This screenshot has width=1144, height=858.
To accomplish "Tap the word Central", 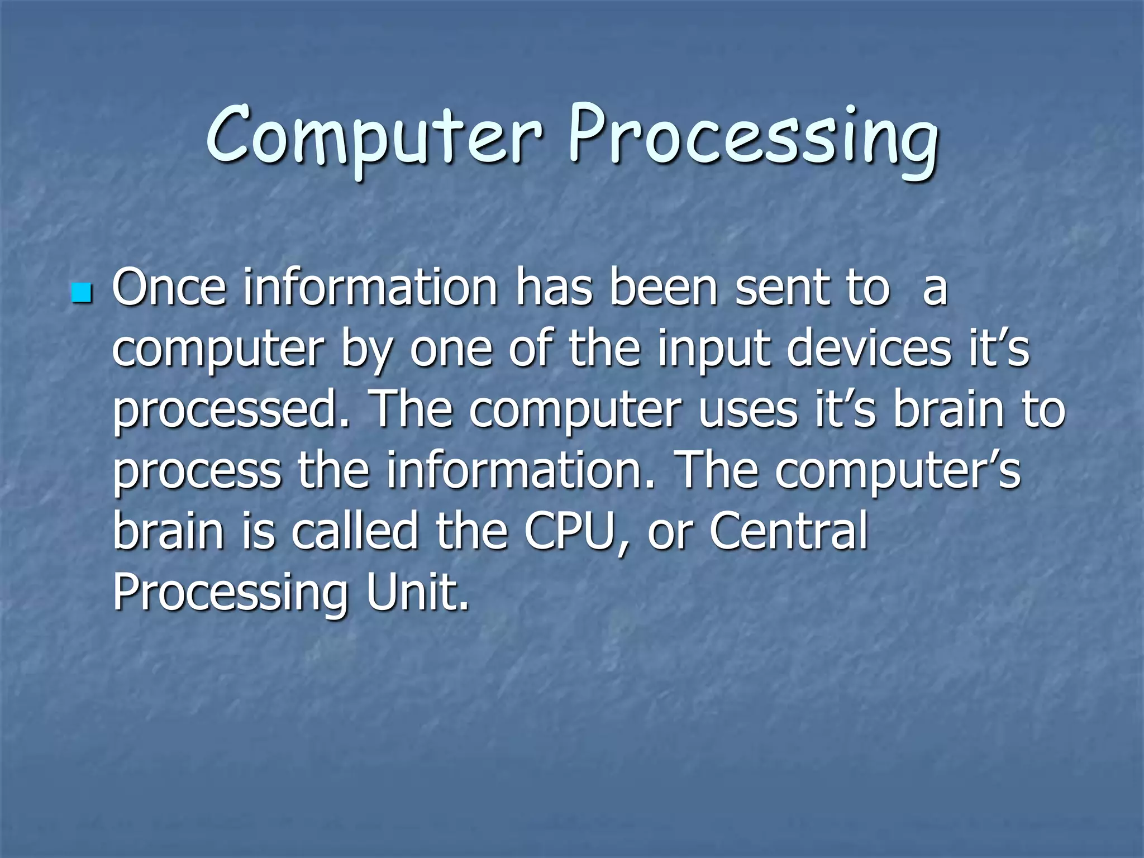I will pos(789,531).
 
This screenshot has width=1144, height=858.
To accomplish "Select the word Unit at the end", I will pos(418,592).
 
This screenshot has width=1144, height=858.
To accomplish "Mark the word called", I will pos(355,531).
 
